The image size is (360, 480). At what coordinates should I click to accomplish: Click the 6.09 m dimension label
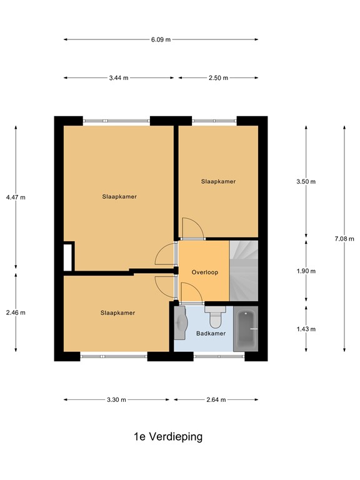click(161, 39)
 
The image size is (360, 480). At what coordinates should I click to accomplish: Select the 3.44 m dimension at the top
click(118, 78)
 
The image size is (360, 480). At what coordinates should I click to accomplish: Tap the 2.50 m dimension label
click(218, 78)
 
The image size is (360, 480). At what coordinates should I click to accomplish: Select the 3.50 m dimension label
click(306, 182)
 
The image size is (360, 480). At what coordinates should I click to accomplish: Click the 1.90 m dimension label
click(306, 271)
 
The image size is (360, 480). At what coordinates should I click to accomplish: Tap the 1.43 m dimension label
click(306, 329)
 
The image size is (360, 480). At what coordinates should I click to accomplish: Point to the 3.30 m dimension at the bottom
click(116, 400)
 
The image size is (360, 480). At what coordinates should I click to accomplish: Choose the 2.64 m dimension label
click(216, 400)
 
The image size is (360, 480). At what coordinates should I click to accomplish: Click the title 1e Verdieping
click(168, 437)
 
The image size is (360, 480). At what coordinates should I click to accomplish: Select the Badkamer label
click(211, 334)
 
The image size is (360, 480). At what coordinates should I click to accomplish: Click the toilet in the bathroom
click(216, 319)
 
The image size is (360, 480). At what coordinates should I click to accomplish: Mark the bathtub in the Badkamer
click(245, 329)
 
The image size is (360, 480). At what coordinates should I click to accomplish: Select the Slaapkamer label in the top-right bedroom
click(218, 182)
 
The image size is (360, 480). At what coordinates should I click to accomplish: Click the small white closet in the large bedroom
click(68, 256)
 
